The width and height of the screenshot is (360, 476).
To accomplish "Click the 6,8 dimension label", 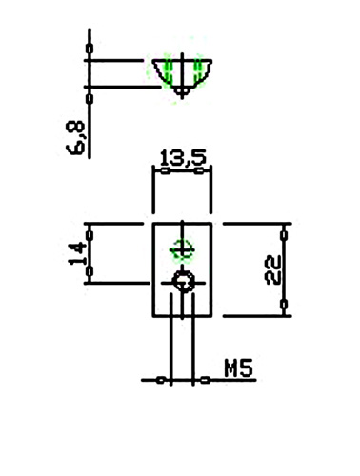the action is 75,138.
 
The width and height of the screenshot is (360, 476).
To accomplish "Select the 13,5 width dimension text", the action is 183,158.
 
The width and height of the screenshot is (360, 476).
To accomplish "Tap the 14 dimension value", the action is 77,253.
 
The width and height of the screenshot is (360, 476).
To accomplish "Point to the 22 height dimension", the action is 272,269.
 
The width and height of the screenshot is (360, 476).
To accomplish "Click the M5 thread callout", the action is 239,368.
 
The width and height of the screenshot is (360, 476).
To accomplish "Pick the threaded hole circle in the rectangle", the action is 183,282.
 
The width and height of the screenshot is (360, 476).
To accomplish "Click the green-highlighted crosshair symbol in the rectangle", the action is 182,250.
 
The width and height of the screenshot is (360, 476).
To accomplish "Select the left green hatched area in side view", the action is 169,70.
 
